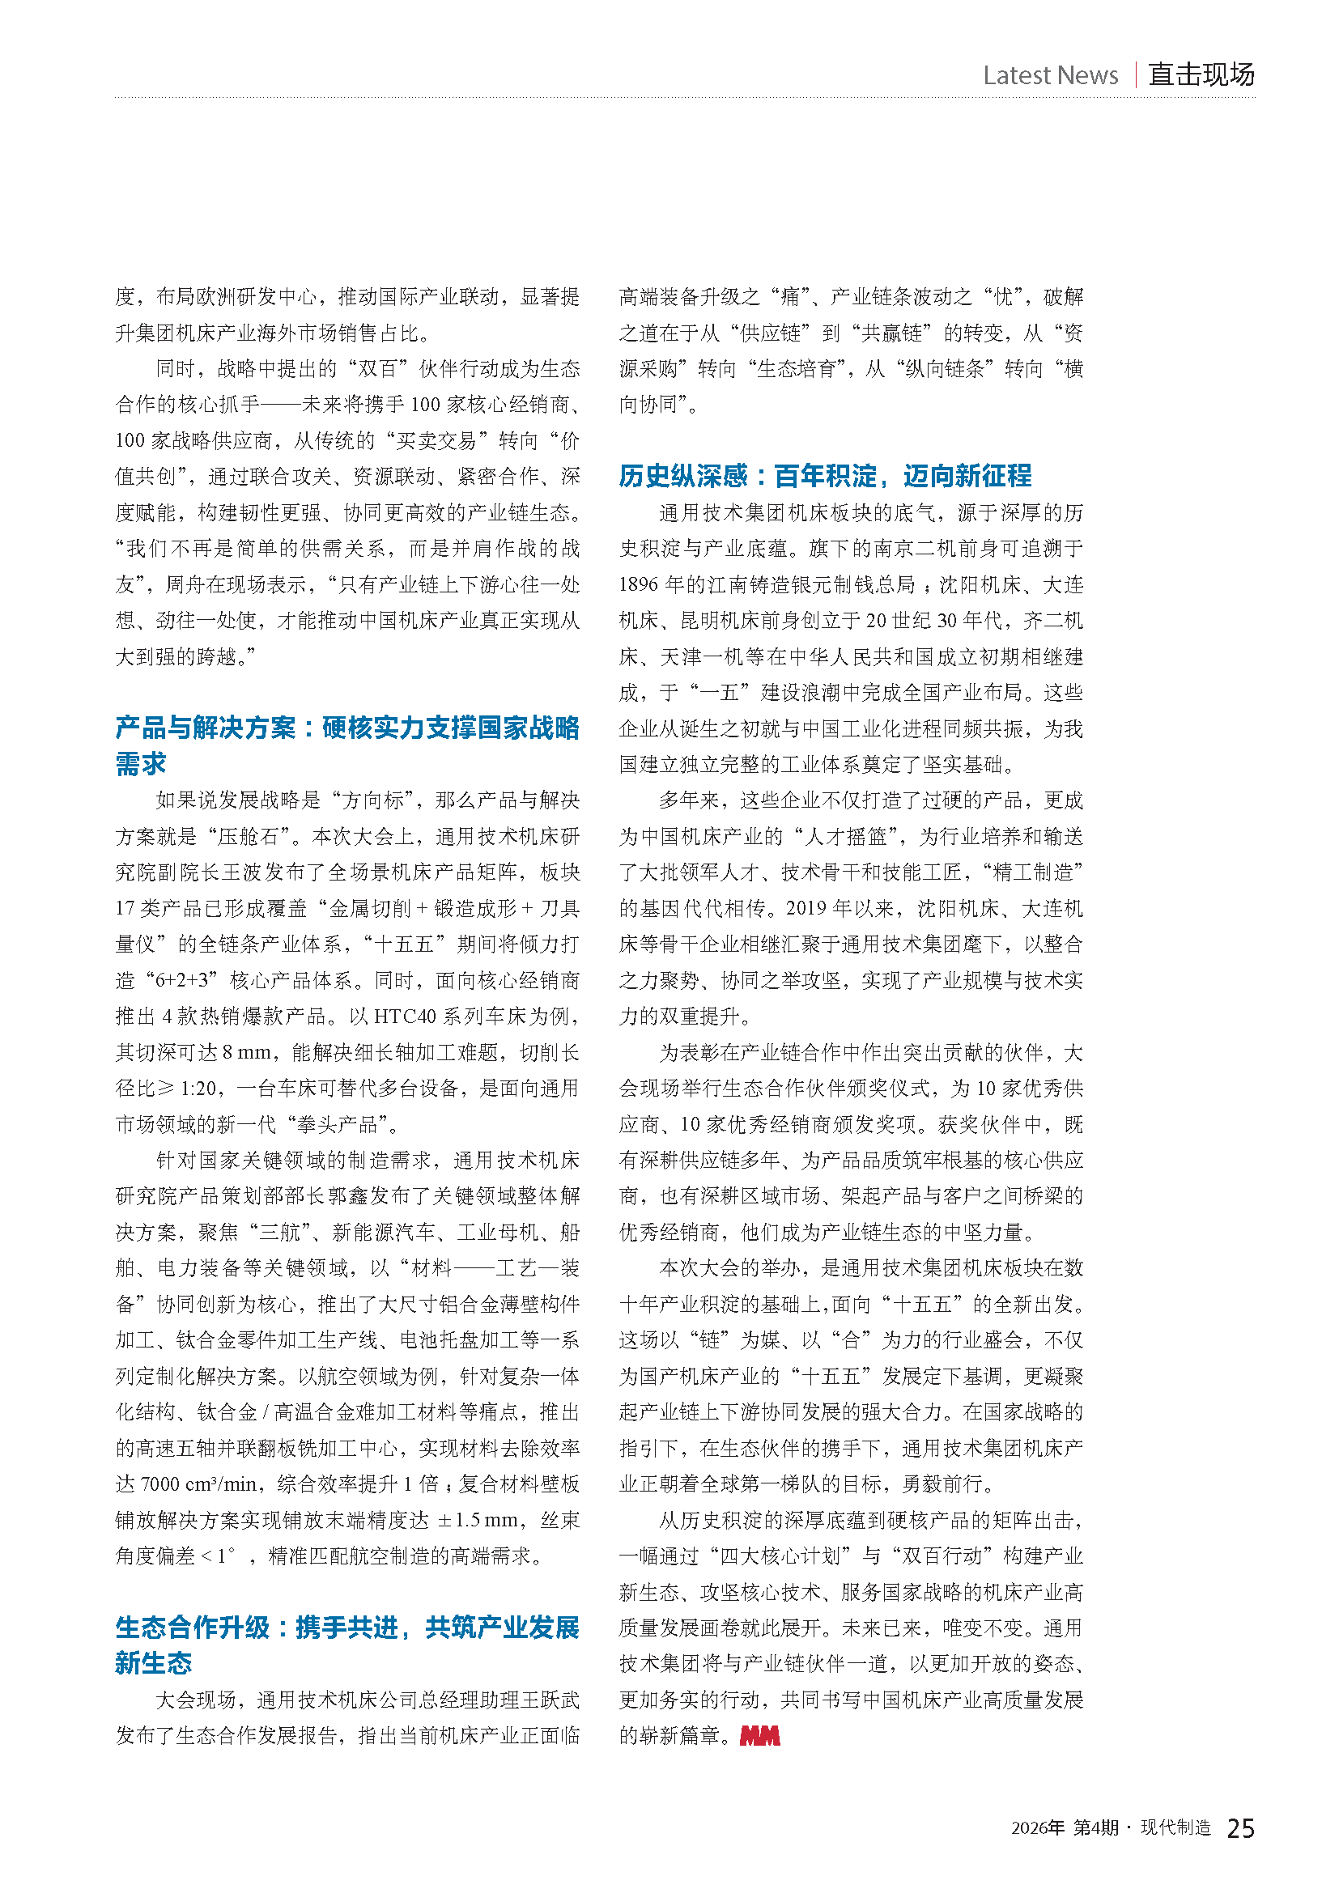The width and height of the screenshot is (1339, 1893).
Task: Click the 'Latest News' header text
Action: pos(1050,75)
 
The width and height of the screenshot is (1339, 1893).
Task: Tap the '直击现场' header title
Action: pos(1201,74)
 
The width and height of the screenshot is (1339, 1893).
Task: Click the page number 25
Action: pos(1240,1829)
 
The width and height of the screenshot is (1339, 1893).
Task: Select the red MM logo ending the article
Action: pos(759,1735)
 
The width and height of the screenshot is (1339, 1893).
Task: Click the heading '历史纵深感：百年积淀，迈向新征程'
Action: pos(824,476)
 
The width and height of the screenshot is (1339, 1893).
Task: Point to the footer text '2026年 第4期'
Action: pos(1065,1829)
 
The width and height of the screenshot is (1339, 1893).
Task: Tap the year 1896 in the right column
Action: pos(639,584)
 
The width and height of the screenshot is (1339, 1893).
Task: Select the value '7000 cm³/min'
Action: pos(198,1484)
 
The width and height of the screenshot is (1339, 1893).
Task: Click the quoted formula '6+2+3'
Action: pos(186,980)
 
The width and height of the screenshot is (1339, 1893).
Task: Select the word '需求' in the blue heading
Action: pos(141,764)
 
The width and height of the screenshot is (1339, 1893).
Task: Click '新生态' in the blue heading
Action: pos(153,1663)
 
